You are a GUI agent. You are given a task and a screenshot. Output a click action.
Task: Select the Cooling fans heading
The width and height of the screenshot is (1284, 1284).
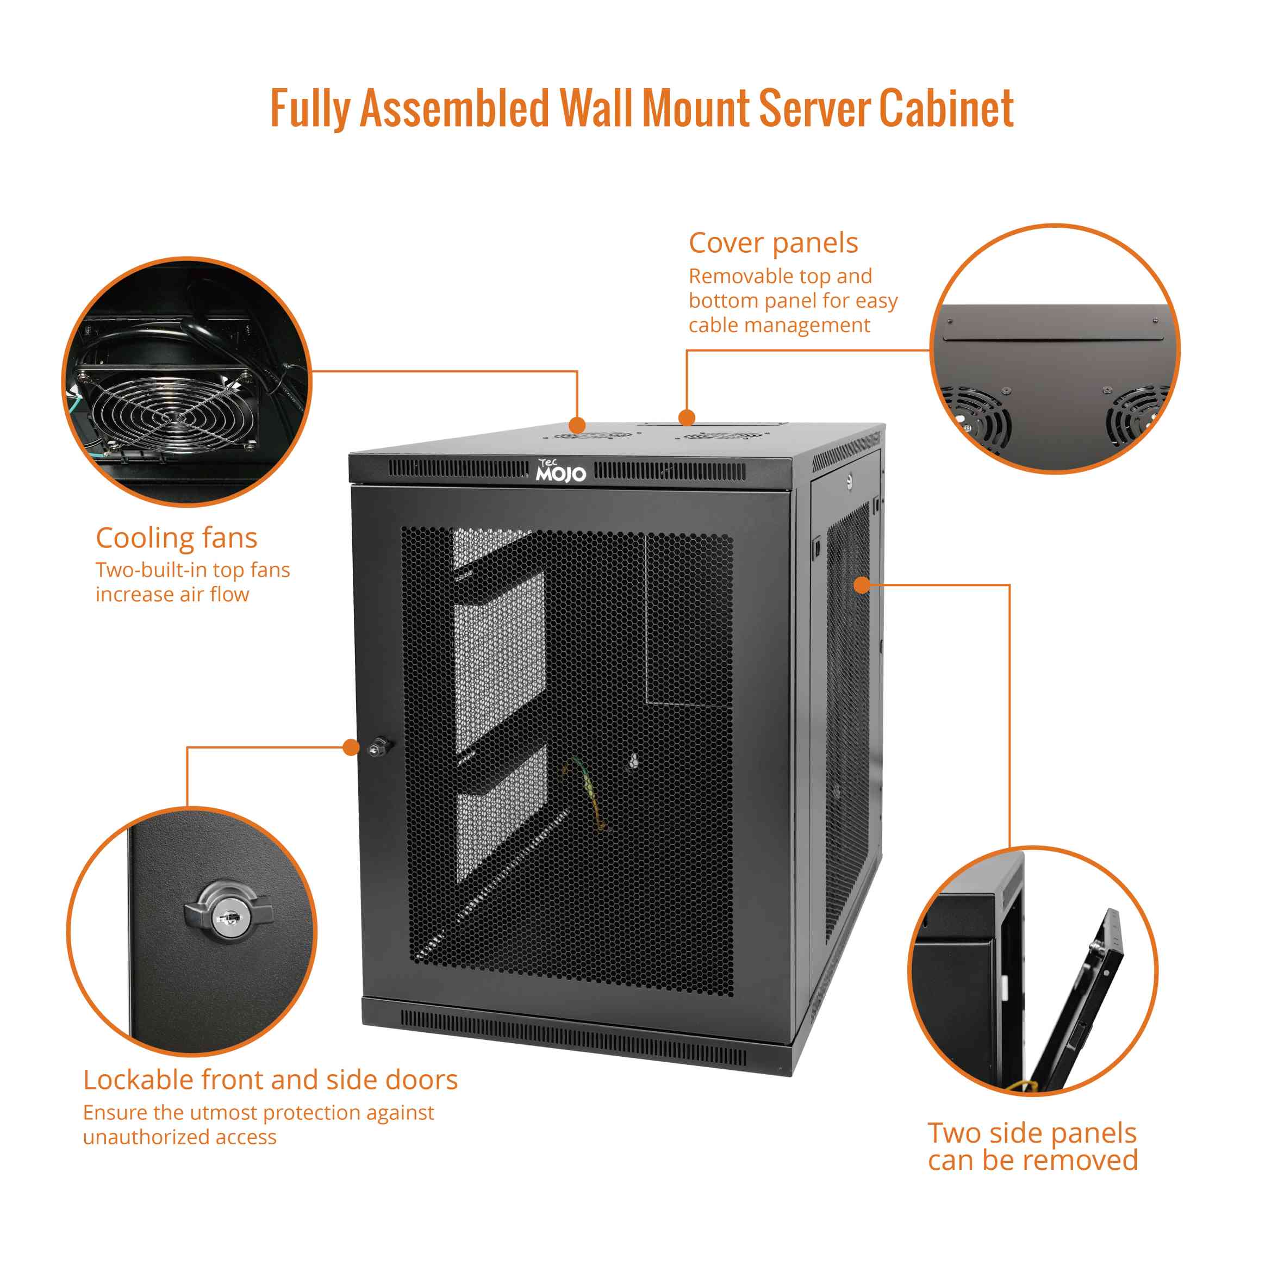point(176,538)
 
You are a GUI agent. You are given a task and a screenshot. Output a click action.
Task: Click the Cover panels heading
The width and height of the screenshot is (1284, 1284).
point(773,243)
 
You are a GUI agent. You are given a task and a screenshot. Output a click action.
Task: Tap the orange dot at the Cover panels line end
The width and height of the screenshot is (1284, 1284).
point(687,417)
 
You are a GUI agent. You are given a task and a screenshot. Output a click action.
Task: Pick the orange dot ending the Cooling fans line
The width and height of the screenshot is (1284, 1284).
point(577,425)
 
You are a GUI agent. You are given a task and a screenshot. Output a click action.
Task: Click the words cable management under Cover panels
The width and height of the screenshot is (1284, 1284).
point(779,326)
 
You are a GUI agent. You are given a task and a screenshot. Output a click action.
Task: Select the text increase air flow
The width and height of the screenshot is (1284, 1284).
point(172,594)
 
